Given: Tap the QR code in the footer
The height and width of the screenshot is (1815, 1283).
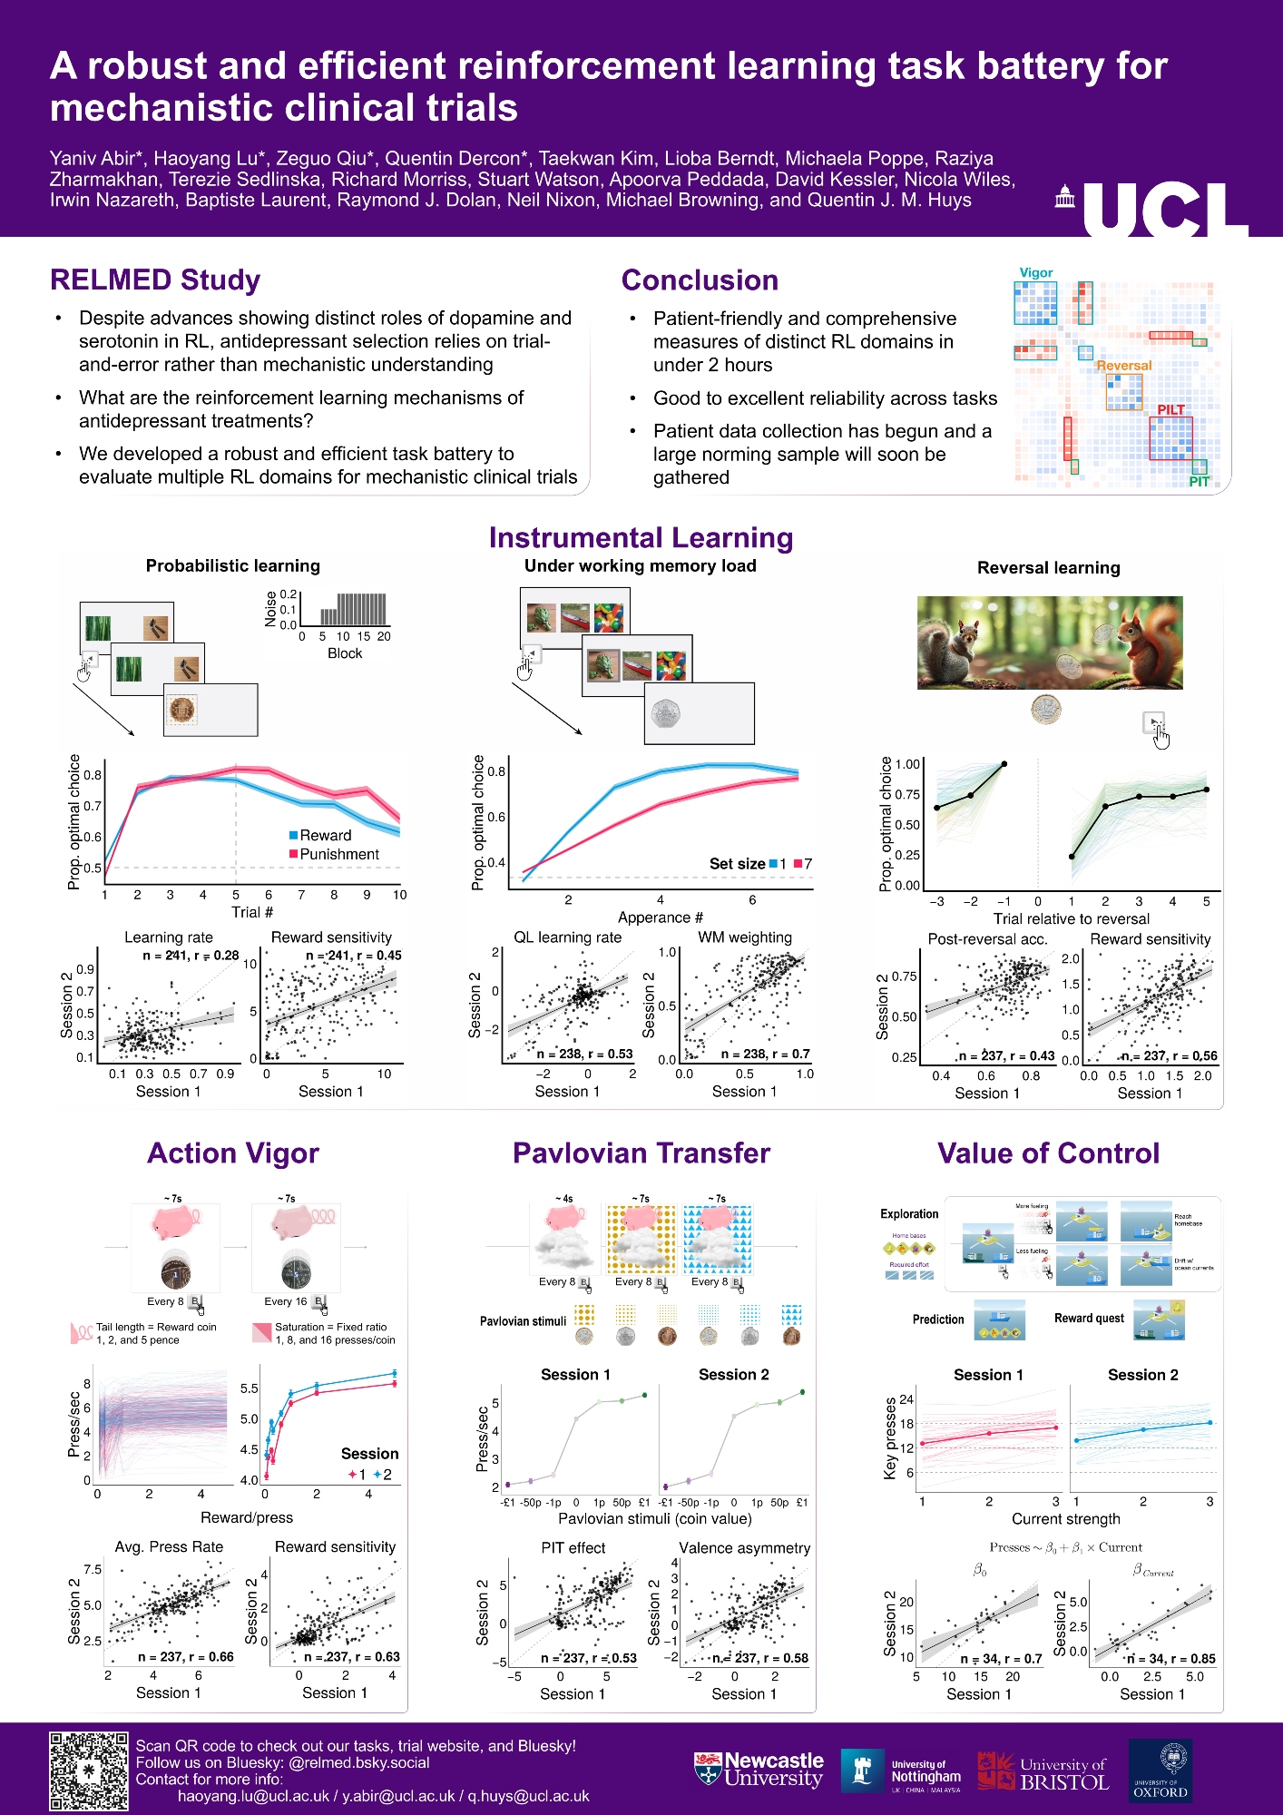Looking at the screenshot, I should (88, 1771).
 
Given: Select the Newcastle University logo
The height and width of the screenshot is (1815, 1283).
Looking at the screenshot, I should (759, 1770).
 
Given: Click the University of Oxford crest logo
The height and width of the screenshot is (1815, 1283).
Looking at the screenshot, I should (1160, 1770).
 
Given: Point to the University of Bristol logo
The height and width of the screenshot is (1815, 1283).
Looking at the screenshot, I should (1043, 1771).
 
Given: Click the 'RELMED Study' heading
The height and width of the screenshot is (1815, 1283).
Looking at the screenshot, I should (155, 280).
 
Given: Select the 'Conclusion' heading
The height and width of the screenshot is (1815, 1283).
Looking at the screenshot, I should (700, 280).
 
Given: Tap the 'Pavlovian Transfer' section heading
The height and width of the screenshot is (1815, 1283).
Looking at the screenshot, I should (641, 1153).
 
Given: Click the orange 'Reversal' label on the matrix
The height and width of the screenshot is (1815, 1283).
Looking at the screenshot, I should (1123, 366).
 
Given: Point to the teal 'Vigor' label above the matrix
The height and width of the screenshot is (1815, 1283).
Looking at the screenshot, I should (1035, 272).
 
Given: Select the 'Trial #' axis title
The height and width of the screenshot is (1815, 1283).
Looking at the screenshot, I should (252, 912).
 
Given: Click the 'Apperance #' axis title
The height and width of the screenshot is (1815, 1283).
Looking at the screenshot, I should (660, 917).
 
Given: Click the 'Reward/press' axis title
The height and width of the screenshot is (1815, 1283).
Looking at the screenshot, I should (247, 1517).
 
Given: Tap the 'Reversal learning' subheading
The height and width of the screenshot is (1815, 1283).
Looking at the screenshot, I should (1048, 568).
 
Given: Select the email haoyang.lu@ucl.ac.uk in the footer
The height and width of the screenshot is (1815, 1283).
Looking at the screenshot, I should (253, 1796).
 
